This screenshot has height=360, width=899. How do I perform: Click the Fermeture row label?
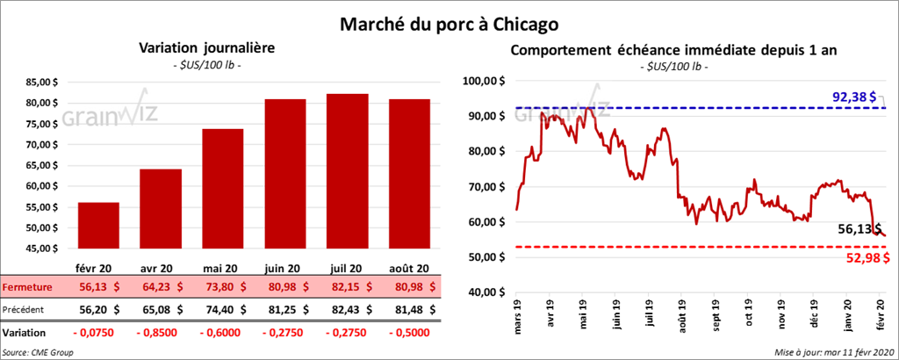tap(27, 286)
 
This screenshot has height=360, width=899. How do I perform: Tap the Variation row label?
tap(25, 334)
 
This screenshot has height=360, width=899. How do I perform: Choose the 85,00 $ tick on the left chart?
tap(43, 83)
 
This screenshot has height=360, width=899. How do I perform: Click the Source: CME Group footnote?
tap(38, 351)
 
